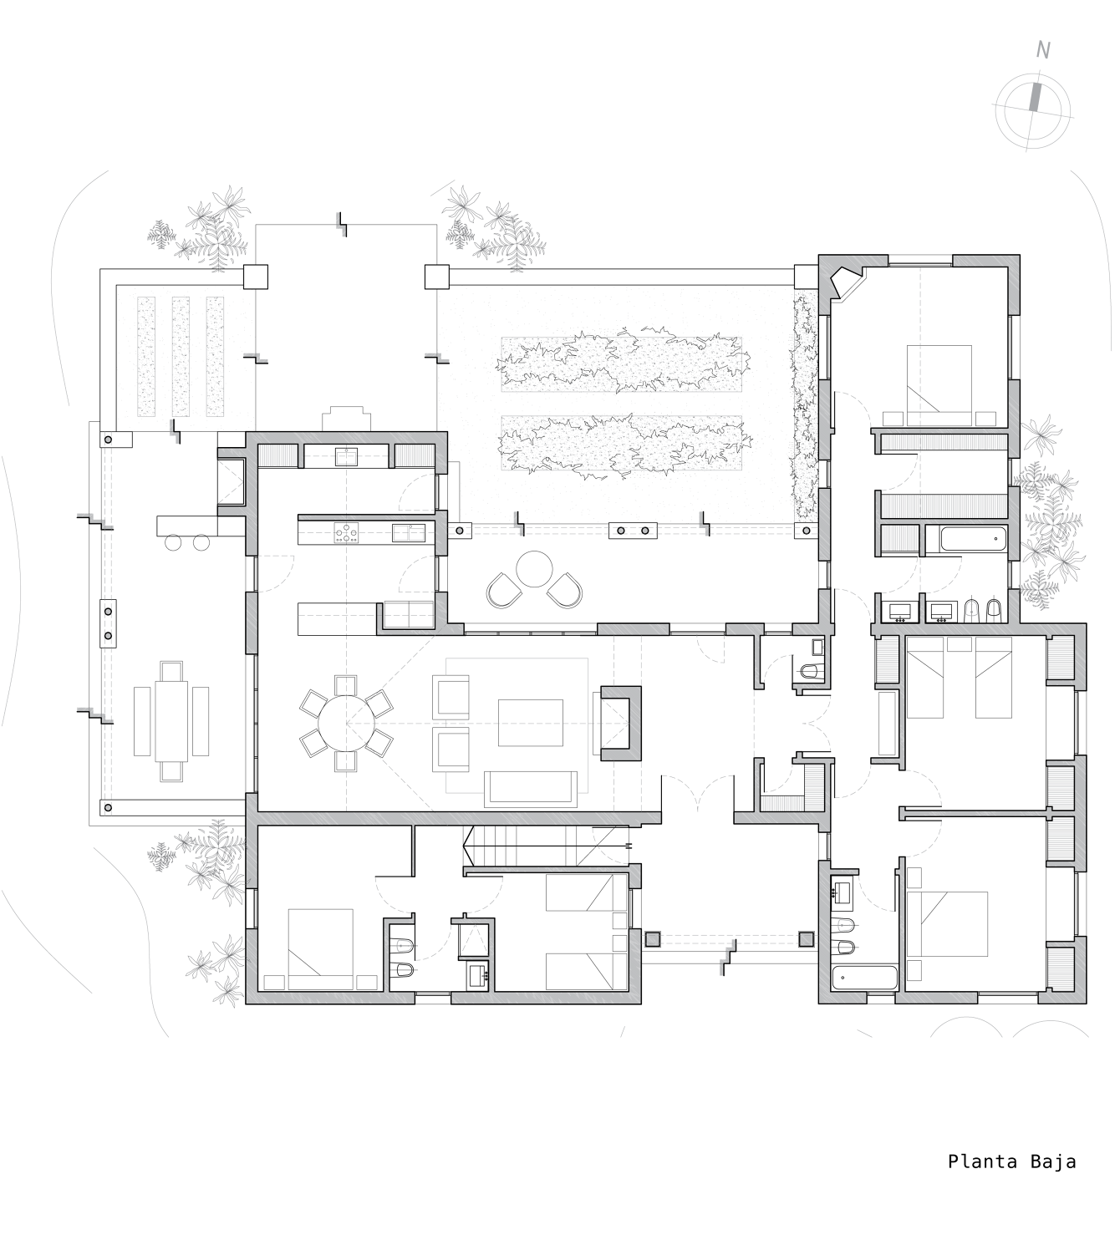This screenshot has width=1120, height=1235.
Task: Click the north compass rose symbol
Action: pyautogui.click(x=1032, y=111)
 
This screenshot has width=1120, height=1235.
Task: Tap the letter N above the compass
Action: pyautogui.click(x=1043, y=51)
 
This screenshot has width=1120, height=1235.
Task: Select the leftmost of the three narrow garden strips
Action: pyautogui.click(x=146, y=356)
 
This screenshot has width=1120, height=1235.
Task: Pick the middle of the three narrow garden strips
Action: pyautogui.click(x=181, y=356)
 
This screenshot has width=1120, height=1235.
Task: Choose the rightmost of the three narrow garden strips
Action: pyautogui.click(x=216, y=356)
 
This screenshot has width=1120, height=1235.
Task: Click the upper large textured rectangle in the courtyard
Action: pyautogui.click(x=621, y=364)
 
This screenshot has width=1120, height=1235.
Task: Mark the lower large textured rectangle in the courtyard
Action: pyautogui.click(x=621, y=442)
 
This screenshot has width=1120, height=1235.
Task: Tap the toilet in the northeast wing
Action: pyautogui.click(x=972, y=608)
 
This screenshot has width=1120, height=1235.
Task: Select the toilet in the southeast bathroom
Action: pyautogui.click(x=845, y=925)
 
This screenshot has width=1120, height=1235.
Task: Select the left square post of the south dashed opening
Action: pyautogui.click(x=651, y=939)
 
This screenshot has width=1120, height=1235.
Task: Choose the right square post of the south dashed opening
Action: pyautogui.click(x=805, y=939)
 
